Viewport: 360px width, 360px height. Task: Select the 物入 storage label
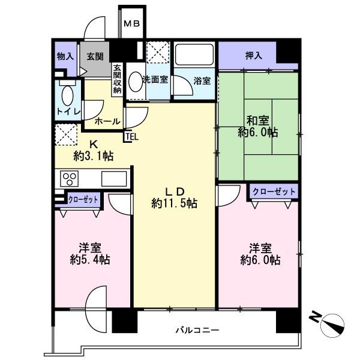pos(65,56)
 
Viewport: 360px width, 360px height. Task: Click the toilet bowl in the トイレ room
pos(67,95)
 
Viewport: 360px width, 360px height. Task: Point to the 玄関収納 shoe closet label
pos(117,79)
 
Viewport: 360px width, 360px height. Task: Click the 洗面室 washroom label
pos(155,79)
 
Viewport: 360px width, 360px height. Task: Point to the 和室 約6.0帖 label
pos(258,125)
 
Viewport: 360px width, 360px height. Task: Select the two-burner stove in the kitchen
pos(68,179)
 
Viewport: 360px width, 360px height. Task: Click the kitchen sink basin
pos(113,179)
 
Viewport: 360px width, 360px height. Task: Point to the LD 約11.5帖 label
pos(174,197)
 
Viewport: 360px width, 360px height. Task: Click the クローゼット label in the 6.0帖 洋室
pos(274,192)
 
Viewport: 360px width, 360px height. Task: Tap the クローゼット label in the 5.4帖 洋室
pos(84,198)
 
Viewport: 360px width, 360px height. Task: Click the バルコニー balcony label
pos(197,330)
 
